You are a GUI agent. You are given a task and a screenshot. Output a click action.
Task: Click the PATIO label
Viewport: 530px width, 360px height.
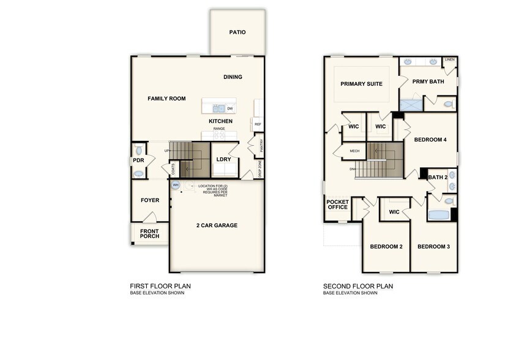(x=237, y=32)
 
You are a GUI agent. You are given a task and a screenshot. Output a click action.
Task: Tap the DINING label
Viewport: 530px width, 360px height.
(x=233, y=77)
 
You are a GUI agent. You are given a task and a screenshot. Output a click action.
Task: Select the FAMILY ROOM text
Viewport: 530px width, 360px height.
(x=166, y=99)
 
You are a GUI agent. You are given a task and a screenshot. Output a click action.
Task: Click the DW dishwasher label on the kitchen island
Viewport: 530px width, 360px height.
(x=230, y=109)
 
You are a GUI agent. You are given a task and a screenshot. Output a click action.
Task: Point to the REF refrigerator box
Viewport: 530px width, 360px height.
(x=258, y=124)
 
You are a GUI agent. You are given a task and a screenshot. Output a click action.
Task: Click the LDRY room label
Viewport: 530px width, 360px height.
(x=223, y=160)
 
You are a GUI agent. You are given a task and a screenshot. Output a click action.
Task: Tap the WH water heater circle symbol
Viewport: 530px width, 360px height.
(x=175, y=185)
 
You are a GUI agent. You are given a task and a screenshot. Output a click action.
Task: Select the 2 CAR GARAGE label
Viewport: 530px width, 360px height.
(x=217, y=225)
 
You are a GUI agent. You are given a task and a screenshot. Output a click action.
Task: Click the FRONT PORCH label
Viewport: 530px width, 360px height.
(x=149, y=234)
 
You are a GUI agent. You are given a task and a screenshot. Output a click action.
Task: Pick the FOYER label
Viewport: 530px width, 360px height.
(x=150, y=200)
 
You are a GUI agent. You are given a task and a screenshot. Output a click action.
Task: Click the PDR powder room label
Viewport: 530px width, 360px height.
(x=138, y=161)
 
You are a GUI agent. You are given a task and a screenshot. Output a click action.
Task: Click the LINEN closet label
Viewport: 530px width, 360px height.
(x=450, y=60)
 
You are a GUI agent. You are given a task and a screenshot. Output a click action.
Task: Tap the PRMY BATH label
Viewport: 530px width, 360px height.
(x=428, y=81)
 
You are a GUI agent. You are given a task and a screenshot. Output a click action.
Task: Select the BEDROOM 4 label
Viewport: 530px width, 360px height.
(x=430, y=140)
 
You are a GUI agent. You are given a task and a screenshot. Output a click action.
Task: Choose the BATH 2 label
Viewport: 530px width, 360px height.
(x=438, y=178)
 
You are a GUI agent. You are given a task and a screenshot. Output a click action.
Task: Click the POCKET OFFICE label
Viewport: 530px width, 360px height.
(x=337, y=204)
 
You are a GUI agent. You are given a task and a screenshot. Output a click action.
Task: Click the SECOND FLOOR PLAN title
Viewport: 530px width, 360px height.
(x=358, y=286)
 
